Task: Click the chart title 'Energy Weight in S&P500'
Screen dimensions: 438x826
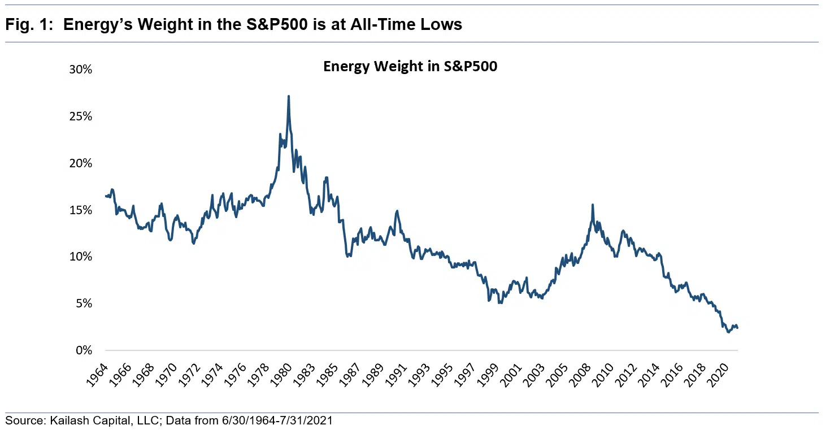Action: (410, 67)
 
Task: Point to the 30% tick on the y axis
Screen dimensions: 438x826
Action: (80, 70)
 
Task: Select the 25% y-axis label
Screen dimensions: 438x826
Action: (80, 116)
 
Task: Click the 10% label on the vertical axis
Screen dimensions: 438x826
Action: (80, 257)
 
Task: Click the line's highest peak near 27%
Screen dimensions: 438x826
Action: (289, 97)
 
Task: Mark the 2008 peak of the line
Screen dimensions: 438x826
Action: (592, 205)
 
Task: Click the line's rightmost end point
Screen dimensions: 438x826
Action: (737, 328)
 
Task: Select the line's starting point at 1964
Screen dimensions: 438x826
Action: (106, 196)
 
